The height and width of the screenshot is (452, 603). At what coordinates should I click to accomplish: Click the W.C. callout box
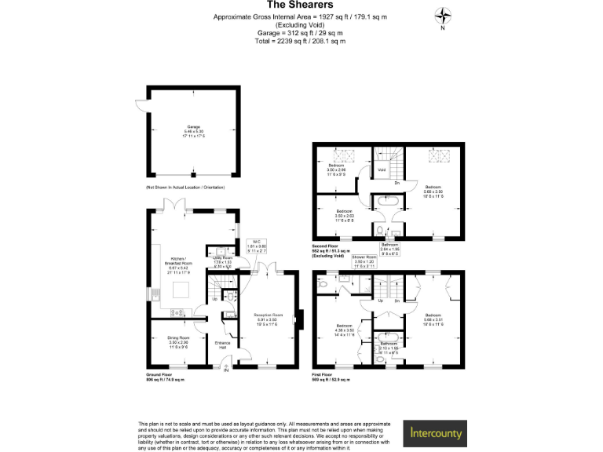click(x=258, y=245)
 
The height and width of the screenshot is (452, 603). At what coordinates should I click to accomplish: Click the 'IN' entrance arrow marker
click(x=225, y=371)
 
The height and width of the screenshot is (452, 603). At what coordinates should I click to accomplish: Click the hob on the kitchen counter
click(x=174, y=312)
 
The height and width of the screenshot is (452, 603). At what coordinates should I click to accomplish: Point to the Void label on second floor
click(x=382, y=169)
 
